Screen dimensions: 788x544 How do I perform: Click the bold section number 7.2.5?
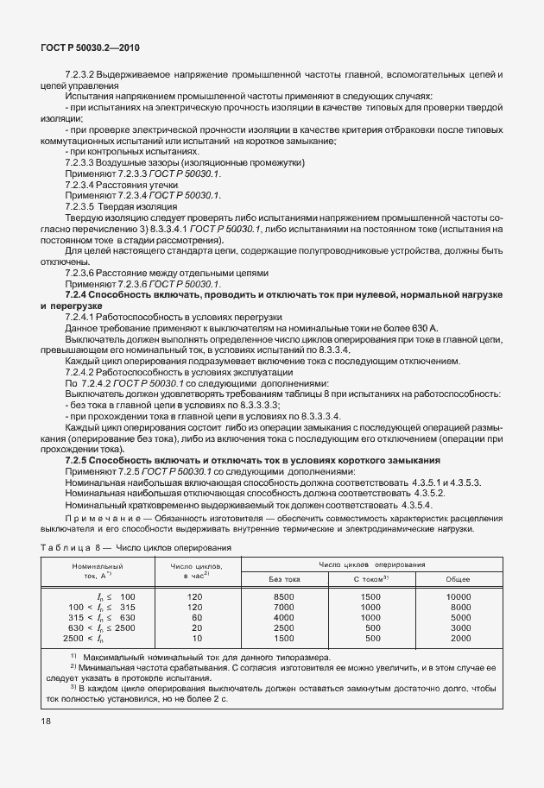tap(80, 460)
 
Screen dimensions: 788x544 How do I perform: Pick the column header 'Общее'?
tap(458, 579)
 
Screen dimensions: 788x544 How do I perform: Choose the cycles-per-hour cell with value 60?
tap(196, 618)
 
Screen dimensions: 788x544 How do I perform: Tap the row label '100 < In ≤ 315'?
tap(97, 608)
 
